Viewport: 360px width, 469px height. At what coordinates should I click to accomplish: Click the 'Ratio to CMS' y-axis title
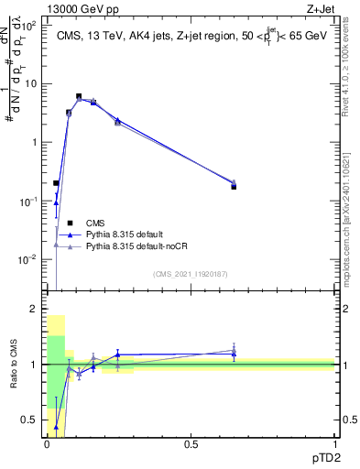[13, 365]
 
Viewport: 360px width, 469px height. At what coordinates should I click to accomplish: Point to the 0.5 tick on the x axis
[191, 444]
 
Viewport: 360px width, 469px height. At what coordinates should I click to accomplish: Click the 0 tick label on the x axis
[47, 444]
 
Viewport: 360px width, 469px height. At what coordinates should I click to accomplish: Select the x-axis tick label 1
[333, 444]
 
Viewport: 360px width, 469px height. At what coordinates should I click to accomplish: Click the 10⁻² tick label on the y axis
[30, 260]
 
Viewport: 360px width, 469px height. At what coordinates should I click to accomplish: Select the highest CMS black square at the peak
[79, 96]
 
